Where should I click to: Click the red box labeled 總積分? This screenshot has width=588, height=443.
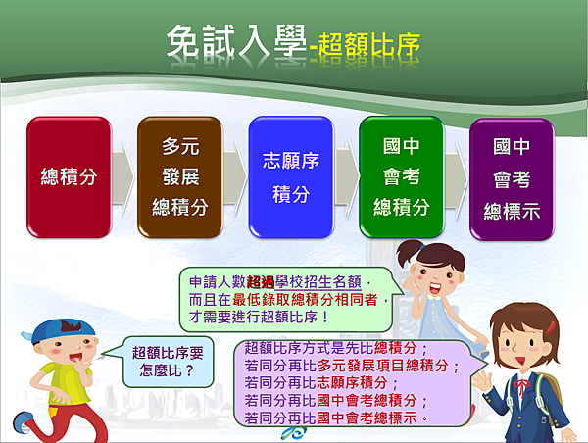[x=69, y=177]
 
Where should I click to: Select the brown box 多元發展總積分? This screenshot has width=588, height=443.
[x=180, y=177]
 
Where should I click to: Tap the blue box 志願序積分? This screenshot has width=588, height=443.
[x=291, y=177]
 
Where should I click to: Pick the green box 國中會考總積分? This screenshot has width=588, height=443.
[x=402, y=177]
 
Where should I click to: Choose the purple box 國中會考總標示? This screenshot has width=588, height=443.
[x=512, y=179]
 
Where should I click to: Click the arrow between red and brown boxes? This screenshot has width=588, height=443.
[x=123, y=177]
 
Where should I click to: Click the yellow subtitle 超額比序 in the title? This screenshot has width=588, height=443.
[x=369, y=47]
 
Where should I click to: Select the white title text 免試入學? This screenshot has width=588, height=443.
[x=236, y=41]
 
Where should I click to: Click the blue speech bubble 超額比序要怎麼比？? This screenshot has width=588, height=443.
[x=168, y=362]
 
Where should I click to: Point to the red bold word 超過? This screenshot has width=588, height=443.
[x=261, y=281]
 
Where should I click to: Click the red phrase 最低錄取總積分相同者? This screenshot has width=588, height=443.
[x=305, y=300]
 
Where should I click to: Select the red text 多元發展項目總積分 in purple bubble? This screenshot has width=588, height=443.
[x=383, y=365]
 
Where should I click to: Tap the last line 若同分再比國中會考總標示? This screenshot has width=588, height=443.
[x=331, y=418]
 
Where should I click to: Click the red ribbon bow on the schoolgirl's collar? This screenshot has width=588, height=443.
[x=521, y=386]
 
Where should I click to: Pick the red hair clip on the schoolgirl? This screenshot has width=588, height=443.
[x=550, y=327]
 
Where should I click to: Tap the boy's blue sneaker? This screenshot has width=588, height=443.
[x=24, y=422]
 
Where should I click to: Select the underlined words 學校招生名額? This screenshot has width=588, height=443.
[x=318, y=281]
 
